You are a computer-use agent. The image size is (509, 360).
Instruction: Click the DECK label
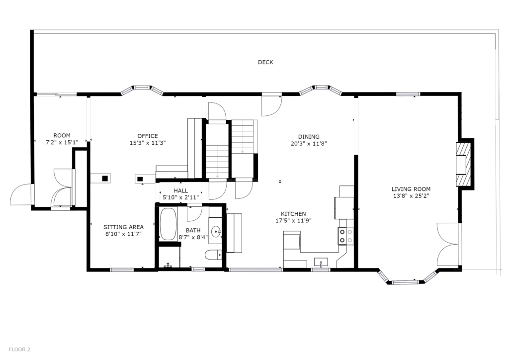[x=265, y=62]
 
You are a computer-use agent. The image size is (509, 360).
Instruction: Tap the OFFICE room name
[x=148, y=136]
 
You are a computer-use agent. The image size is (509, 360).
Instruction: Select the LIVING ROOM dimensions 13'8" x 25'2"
[x=411, y=196]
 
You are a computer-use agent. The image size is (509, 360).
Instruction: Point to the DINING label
[x=309, y=137]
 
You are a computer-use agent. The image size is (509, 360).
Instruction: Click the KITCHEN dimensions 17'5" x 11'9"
[x=293, y=221]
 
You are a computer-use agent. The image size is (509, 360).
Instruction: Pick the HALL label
[x=181, y=190]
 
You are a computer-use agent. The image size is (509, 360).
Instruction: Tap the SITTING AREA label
[x=123, y=227]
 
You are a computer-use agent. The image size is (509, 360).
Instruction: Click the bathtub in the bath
[x=168, y=224]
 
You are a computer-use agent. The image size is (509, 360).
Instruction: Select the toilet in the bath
[x=213, y=255]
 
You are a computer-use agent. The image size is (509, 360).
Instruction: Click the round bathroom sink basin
[x=216, y=232]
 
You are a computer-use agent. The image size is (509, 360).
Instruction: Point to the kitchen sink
[x=321, y=262]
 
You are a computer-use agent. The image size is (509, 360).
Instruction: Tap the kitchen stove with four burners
[x=346, y=236]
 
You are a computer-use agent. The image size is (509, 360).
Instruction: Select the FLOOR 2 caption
[x=19, y=350]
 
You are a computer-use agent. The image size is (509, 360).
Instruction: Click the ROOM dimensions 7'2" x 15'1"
[x=62, y=142]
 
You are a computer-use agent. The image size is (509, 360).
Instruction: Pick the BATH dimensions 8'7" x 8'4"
[x=193, y=237]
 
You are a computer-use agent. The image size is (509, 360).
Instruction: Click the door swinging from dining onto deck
[x=272, y=104]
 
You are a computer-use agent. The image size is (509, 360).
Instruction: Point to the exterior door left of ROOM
[x=22, y=194]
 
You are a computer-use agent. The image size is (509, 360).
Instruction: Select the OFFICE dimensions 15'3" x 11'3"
[x=148, y=143]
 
